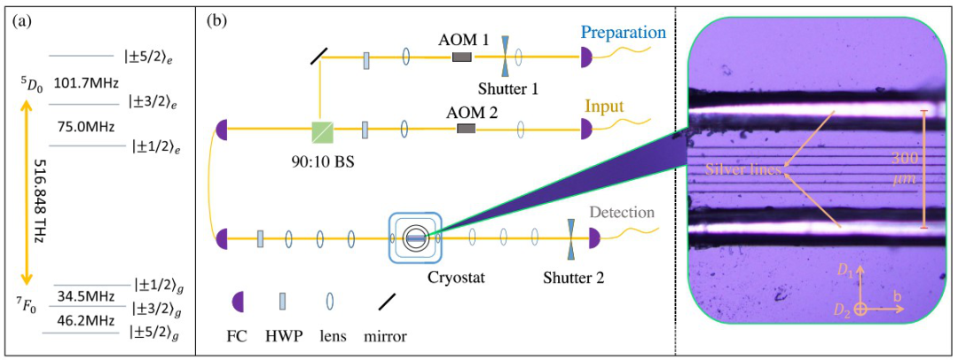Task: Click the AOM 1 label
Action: (x=461, y=40)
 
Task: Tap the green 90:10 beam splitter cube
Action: (x=323, y=132)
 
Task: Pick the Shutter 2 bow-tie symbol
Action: (x=570, y=238)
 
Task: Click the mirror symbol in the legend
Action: (x=386, y=302)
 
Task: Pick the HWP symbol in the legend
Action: (x=283, y=302)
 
